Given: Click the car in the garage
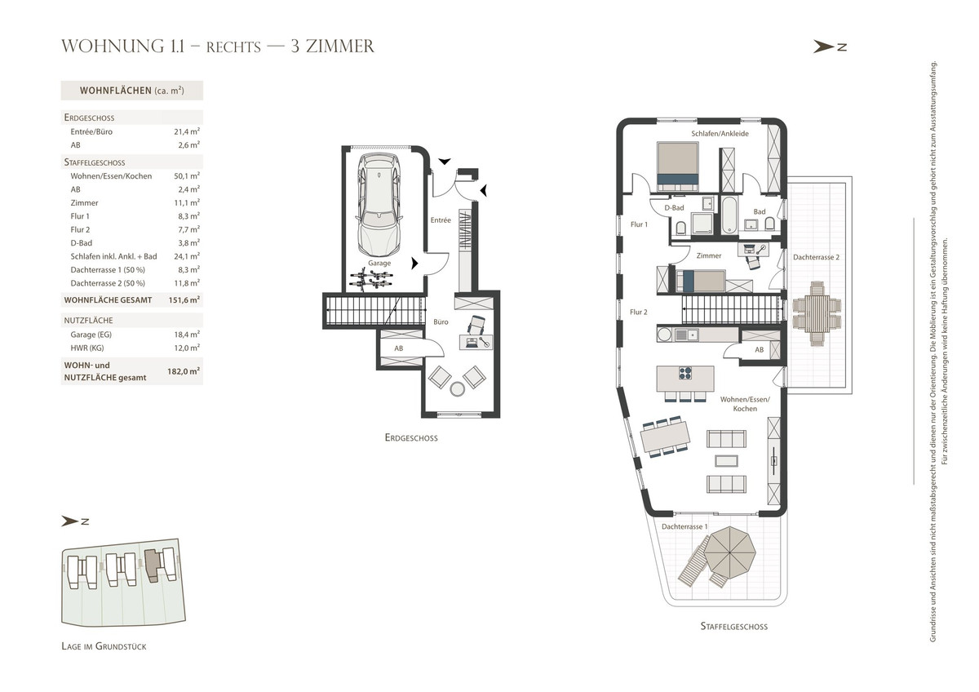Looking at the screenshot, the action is pos(379,205).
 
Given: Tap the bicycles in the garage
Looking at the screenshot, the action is pos(371,280).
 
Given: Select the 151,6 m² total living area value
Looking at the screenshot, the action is pos(184,299).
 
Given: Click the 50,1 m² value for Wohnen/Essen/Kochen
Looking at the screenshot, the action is pos(187,175).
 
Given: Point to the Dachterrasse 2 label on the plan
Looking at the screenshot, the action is pos(816,257).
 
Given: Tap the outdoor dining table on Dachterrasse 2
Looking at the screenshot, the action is pos(817,313).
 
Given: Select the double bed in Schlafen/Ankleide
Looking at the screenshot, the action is pos(677,166).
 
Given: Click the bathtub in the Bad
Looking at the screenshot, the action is pos(729,215).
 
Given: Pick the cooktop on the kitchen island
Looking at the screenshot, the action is pos(685,373).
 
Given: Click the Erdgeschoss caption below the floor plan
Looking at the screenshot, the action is pos(411,437).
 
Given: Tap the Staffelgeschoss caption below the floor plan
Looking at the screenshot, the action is pos(733,627).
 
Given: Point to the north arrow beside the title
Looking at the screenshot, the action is pos(830,47).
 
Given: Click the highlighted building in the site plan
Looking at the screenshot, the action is pos(152,566).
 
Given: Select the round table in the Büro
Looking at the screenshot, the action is pos(457,389).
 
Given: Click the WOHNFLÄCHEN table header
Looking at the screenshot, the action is pos(131,91).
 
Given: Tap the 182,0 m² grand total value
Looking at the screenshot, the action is pos(184,371).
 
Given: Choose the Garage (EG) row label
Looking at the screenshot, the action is pos(91,335).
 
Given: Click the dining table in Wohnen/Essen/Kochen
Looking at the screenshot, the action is pos(665,437).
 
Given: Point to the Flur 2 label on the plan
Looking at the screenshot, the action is pos(639,312).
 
